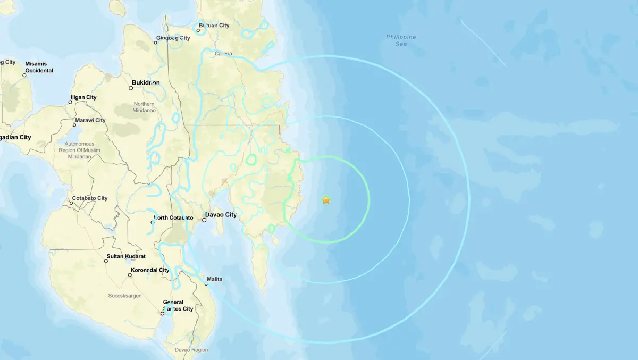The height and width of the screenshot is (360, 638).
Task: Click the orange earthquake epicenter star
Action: [x=326, y=200]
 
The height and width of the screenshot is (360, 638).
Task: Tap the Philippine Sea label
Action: [x=401, y=40]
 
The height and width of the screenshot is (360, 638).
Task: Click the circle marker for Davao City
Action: [x=204, y=219]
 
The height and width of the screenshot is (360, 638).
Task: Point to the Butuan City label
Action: [x=214, y=25]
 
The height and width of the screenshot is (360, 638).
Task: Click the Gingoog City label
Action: [x=173, y=38]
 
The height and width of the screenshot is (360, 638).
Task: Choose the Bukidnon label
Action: [x=145, y=83]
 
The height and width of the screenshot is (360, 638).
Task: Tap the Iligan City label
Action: [x=83, y=97]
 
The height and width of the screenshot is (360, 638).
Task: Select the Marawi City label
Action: [x=90, y=120]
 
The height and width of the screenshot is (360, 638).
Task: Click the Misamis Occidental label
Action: [x=39, y=67]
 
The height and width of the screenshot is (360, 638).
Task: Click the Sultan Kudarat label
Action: [x=127, y=257]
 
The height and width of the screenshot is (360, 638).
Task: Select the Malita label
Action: [x=215, y=279]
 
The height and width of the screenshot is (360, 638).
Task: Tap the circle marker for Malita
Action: [x=207, y=284]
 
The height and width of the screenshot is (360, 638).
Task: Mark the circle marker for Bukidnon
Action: [x=131, y=88]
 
